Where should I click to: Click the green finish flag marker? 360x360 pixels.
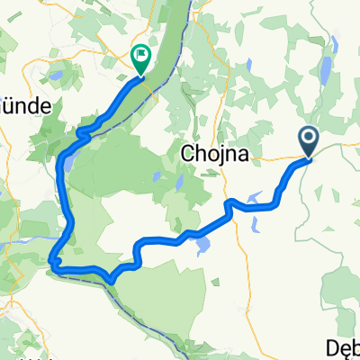tap(141, 58)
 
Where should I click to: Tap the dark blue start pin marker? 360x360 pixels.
tap(309, 139)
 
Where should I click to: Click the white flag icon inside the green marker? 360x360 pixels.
tap(141, 56)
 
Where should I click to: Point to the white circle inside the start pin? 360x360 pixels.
tap(309, 138)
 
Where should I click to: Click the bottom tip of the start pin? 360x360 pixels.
tap(309, 158)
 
